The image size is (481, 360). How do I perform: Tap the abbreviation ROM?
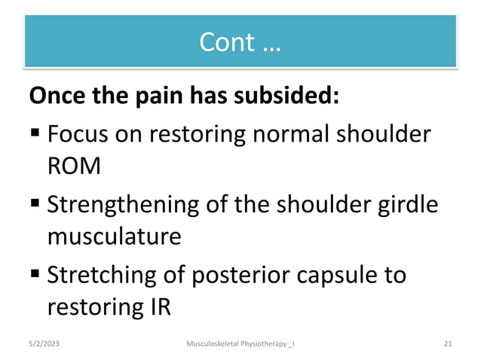[x=73, y=166]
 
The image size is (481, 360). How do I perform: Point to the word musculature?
[x=114, y=236]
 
